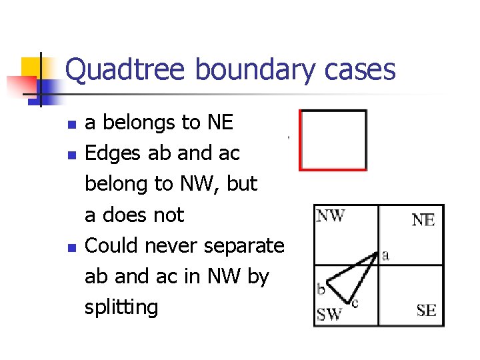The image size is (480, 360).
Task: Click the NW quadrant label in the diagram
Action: [331, 215]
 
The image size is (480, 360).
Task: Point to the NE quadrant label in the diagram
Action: [424, 220]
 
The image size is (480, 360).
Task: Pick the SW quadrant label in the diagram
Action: [329, 313]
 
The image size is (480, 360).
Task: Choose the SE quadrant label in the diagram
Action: [426, 310]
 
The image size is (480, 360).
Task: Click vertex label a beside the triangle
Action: [385, 254]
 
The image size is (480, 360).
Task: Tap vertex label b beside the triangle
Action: [321, 289]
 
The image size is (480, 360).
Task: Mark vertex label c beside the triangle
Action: [355, 303]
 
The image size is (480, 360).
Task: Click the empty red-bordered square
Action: [333, 140]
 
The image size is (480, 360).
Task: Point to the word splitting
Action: [121, 307]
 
